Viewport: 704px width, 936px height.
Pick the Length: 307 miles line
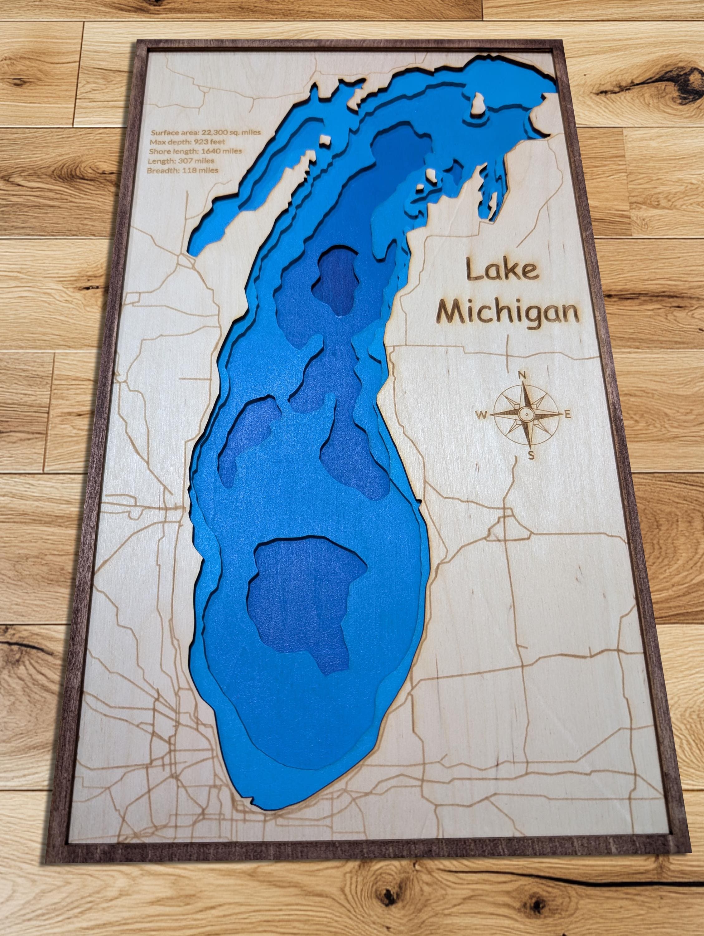tap(181, 161)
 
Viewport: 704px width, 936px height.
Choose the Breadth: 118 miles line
tap(183, 171)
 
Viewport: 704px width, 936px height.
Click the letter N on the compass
tap(522, 374)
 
